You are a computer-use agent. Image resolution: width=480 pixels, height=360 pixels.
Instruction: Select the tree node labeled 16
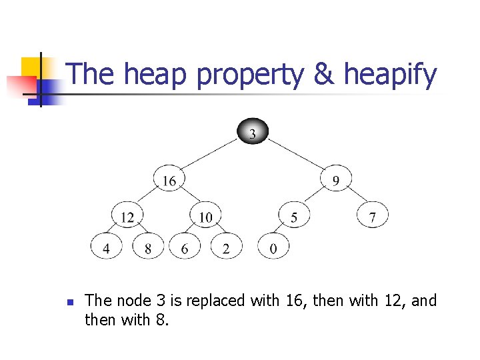tap(169, 180)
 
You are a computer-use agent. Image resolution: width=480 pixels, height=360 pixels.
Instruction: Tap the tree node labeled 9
tap(335, 180)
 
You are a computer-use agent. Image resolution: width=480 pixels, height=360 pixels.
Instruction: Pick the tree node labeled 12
tap(127, 216)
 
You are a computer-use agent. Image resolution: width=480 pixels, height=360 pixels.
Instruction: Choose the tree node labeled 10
tap(206, 216)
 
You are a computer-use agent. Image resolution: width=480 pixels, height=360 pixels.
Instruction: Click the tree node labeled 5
tap(294, 216)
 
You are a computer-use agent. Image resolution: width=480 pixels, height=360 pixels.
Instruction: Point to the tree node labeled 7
tap(372, 216)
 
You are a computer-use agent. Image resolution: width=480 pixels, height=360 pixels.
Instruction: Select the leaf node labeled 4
tap(107, 247)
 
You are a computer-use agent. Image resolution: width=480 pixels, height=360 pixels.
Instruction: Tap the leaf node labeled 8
tap(148, 247)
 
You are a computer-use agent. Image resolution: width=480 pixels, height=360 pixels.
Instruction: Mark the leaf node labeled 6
tap(185, 247)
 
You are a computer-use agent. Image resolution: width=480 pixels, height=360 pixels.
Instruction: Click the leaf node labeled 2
tap(226, 247)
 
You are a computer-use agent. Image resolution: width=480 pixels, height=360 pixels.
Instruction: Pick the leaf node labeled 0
tap(273, 247)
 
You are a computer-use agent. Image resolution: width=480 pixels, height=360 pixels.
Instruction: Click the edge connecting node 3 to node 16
tap(209, 157)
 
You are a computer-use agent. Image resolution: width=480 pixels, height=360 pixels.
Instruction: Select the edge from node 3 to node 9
tap(295, 157)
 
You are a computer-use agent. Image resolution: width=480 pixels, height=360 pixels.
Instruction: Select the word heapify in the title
tap(390, 75)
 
